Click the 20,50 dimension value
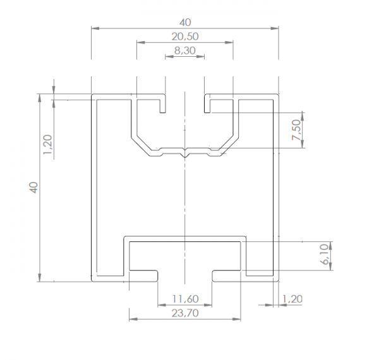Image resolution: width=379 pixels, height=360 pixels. coord(184,37)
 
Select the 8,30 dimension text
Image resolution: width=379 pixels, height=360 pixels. coord(184,51)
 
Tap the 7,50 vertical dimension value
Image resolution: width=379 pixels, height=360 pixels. coord(295,130)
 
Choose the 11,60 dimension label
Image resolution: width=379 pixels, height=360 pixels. coord(184,298)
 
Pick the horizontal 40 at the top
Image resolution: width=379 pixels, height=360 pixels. coord(184,21)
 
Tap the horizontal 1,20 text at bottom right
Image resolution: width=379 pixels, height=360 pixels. coord(292,298)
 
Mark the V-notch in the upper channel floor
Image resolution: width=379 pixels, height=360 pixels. coord(184,153)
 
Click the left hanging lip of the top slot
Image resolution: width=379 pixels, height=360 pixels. coord(162,106)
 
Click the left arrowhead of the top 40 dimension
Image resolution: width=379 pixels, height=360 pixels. coord(95,28)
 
